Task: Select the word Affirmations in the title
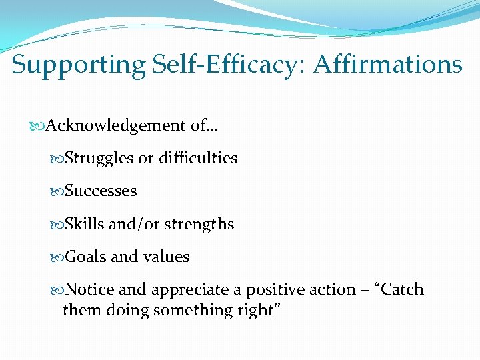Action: (x=387, y=65)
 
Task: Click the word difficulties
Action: (x=197, y=159)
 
